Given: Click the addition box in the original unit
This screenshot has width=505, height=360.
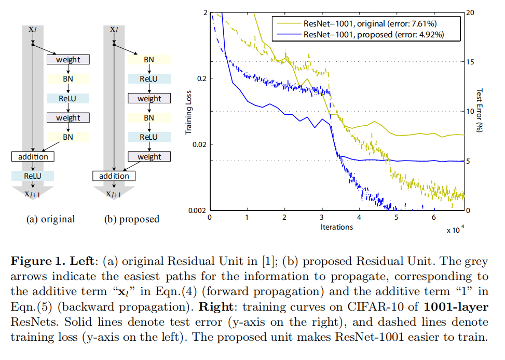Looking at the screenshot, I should (x=33, y=156).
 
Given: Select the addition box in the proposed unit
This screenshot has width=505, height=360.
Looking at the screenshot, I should (x=114, y=176).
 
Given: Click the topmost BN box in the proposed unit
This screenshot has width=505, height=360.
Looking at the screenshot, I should (x=149, y=60).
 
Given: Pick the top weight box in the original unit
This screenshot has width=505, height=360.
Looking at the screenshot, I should (x=68, y=60).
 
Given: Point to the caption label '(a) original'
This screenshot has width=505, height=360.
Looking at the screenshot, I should (x=50, y=219).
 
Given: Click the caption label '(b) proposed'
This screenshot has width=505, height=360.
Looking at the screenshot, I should (x=132, y=219).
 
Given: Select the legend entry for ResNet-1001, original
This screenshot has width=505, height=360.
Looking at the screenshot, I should (x=359, y=23).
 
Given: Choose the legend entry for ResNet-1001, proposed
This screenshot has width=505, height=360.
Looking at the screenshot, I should (x=359, y=35).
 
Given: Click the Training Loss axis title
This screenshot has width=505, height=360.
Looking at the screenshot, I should (x=189, y=111).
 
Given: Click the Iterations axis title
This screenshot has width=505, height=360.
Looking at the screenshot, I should (x=336, y=227).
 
